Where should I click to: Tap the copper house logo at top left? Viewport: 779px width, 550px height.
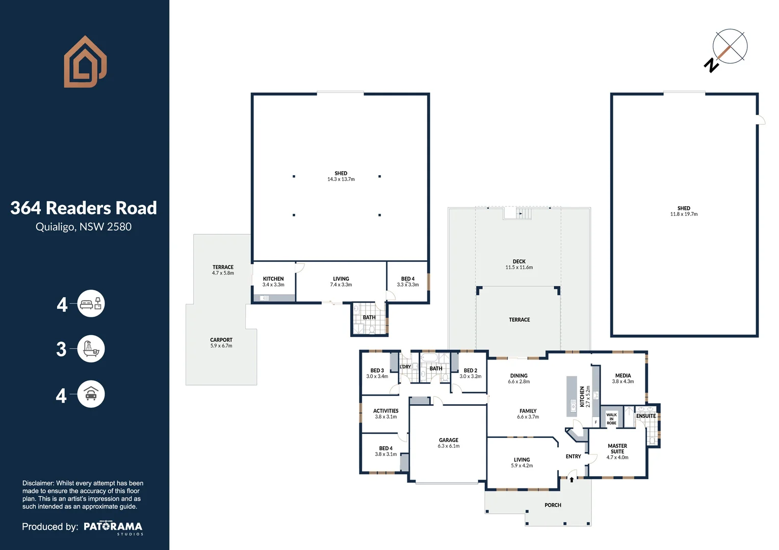tap(85, 62)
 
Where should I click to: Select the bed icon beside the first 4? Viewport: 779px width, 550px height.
tap(91, 304)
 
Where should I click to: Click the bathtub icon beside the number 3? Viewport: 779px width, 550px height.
tap(91, 349)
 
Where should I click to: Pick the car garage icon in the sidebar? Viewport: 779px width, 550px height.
tap(91, 394)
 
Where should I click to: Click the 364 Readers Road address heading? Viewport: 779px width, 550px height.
tap(84, 208)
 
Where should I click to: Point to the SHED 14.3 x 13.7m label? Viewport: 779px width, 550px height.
tap(341, 176)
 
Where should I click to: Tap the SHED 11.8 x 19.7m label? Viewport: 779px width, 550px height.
tap(684, 211)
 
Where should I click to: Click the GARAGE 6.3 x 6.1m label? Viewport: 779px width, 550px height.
tap(448, 443)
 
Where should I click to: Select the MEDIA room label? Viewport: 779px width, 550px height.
tap(622, 378)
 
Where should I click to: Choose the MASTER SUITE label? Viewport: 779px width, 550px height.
tap(617, 451)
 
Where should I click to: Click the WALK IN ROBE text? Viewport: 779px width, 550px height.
tap(611, 419)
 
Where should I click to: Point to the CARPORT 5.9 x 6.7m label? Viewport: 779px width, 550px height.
tap(221, 343)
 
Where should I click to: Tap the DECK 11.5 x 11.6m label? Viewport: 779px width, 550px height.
tap(519, 264)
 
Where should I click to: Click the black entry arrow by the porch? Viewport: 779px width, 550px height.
tap(572, 479)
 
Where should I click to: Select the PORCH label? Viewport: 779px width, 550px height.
tap(553, 505)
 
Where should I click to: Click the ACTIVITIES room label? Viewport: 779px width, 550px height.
tap(385, 414)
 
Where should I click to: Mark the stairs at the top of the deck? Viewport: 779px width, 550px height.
tap(517, 213)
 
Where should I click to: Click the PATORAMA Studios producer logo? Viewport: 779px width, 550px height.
tap(113, 527)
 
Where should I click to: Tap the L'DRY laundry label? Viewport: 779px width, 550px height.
tap(405, 367)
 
